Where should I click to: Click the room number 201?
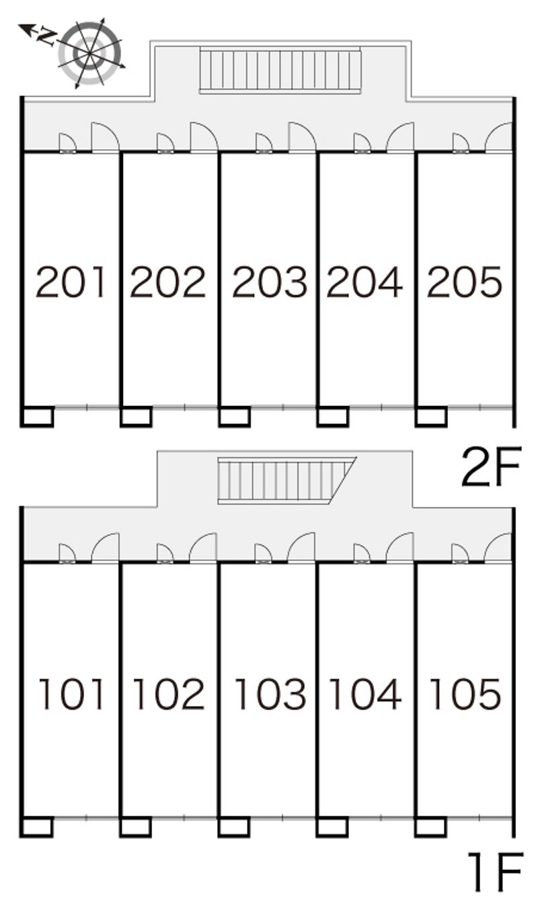(x=71, y=282)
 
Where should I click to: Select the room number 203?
(x=270, y=282)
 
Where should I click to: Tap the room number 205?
(x=464, y=282)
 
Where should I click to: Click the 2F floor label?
(x=492, y=467)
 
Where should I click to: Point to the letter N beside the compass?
(x=46, y=36)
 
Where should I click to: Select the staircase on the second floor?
(x=280, y=70)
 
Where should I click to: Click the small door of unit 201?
(x=68, y=143)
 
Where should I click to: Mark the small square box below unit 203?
(x=234, y=417)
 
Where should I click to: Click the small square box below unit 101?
(x=37, y=827)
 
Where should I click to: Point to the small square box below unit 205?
(x=431, y=417)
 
